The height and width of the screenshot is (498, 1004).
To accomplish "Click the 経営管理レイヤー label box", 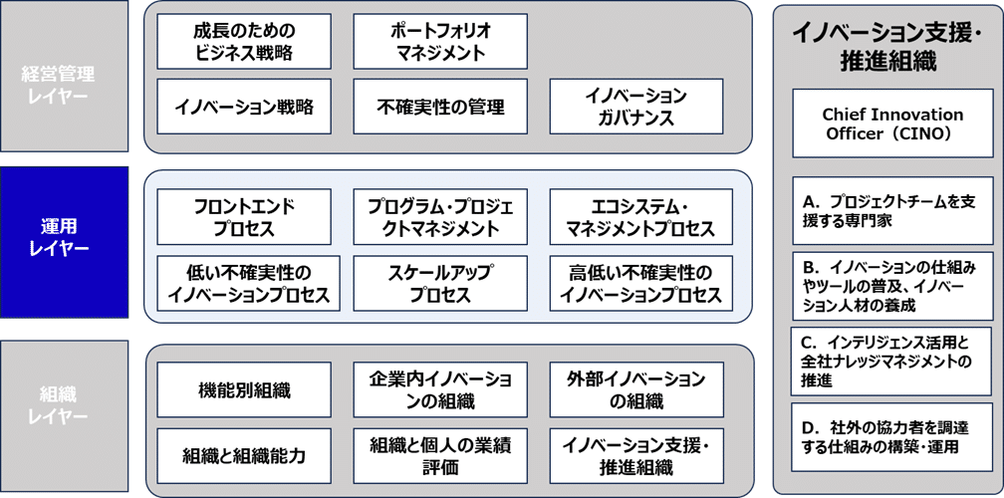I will [x=65, y=83].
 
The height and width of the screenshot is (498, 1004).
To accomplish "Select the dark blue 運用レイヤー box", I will [x=65, y=239].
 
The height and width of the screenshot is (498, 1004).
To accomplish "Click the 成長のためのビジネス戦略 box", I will [x=244, y=41].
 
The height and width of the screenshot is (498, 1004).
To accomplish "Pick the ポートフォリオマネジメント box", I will [x=439, y=41].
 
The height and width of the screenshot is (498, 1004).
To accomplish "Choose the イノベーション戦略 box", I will [x=244, y=107].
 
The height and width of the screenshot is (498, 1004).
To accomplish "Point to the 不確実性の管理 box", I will [x=439, y=107].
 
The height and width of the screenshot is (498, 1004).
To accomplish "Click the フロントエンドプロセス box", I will [x=244, y=217].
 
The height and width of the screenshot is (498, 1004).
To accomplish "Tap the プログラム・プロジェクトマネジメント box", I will [x=439, y=217].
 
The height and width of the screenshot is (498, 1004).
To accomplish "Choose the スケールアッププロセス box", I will [x=439, y=284].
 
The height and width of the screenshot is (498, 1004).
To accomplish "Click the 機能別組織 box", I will [x=244, y=389].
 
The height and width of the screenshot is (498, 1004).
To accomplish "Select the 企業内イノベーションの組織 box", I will [x=439, y=389].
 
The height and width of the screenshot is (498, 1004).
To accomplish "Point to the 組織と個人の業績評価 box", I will [x=439, y=456].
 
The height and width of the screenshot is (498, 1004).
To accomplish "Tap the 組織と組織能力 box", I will [x=244, y=456].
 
